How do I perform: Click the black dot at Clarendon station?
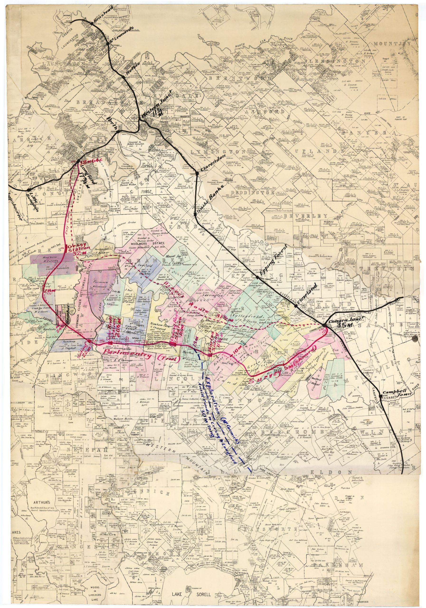[197, 173]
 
